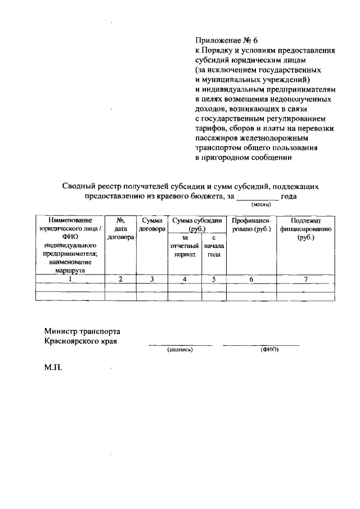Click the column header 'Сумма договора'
(x=152, y=225)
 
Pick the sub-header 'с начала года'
(x=214, y=246)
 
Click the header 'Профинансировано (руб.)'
(x=251, y=225)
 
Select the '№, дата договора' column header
(x=120, y=229)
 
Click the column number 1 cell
(x=70, y=278)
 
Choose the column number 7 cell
(x=305, y=278)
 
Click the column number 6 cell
(x=251, y=278)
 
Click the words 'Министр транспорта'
(x=82, y=331)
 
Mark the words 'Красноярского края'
(x=80, y=341)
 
